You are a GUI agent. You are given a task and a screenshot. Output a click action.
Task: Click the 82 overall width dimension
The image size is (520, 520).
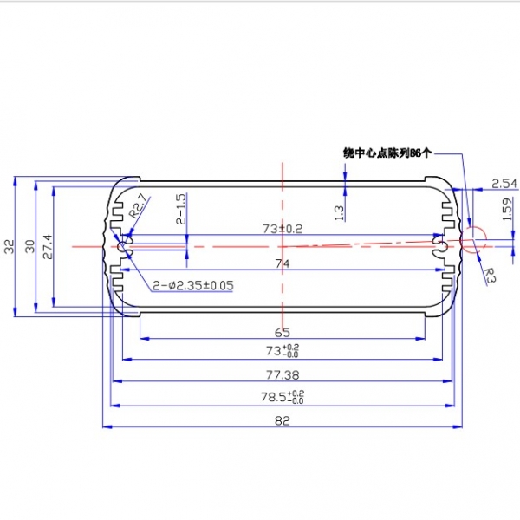[283, 421]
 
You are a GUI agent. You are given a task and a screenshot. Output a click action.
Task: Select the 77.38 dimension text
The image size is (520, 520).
[283, 375]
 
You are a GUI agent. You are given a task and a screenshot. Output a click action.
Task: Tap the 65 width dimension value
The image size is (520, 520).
[283, 332]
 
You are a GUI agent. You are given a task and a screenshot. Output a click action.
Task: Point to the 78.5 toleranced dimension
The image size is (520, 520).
[283, 397]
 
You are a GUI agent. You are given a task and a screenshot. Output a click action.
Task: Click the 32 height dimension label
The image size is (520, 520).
[10, 247]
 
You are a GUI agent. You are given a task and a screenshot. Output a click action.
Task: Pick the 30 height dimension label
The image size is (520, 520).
[29, 247]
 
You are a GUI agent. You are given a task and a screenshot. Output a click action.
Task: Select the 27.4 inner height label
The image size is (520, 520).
[48, 247]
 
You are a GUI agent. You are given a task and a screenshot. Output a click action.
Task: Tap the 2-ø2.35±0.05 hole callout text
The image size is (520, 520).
[193, 285]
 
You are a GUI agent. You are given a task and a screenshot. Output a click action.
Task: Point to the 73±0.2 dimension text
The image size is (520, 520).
[283, 229]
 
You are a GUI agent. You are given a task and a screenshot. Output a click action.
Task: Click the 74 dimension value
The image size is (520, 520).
[283, 263]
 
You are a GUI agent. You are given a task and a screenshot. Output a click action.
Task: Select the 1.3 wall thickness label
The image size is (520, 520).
[339, 213]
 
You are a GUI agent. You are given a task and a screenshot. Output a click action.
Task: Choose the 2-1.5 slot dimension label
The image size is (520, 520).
[182, 209]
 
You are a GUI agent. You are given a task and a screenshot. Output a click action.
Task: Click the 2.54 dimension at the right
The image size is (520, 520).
[504, 184]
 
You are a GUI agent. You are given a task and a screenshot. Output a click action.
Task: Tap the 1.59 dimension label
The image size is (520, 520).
[507, 209]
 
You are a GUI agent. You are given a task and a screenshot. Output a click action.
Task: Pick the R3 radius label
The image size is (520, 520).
[490, 276]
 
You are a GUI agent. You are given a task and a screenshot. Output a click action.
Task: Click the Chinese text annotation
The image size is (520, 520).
[387, 153]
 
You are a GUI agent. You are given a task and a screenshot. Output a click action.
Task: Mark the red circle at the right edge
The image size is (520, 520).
[473, 239]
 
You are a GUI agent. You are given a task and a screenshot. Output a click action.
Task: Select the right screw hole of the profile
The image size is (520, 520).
[442, 246]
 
